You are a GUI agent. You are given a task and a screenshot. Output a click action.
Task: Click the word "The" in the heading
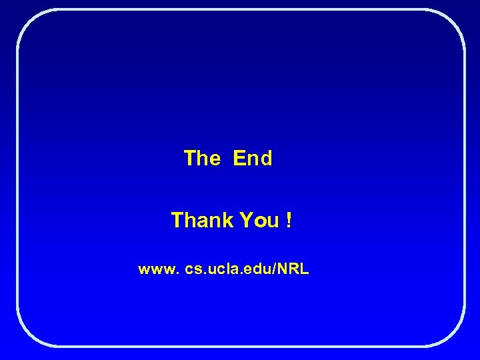click(x=201, y=159)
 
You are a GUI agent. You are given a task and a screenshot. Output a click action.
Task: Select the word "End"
click(x=253, y=159)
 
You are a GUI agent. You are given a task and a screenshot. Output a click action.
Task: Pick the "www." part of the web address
click(x=159, y=270)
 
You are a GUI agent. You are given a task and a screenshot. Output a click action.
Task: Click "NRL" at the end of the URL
click(x=294, y=269)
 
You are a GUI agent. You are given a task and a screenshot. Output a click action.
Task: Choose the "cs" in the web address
click(x=193, y=270)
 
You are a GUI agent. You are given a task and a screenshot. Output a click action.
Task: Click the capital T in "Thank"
click(x=177, y=220)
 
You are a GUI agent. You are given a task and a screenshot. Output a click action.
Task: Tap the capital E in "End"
click(x=239, y=159)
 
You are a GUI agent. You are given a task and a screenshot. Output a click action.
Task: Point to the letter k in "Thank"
click(x=219, y=220)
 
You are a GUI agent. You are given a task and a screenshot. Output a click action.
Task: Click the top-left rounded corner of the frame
click(x=27, y=20)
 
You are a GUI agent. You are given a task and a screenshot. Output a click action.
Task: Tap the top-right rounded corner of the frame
click(x=454, y=20)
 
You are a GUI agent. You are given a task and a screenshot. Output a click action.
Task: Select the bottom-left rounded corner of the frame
click(x=27, y=336)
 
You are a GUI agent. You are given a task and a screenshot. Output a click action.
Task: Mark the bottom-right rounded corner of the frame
click(x=454, y=336)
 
